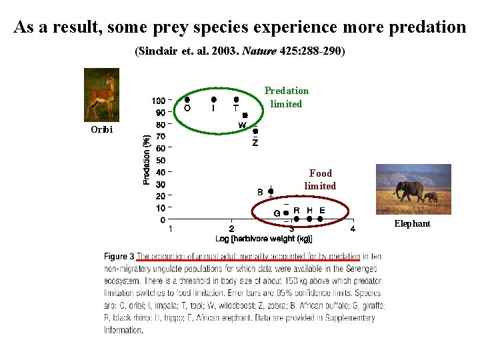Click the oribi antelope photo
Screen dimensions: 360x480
101,95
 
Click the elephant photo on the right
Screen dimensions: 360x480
413,189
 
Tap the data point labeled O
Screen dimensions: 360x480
187,99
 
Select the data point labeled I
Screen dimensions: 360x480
213,99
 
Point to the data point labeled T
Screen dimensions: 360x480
237,100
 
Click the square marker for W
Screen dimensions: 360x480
245,115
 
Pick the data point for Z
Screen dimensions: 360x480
255,131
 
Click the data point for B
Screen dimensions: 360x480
271,191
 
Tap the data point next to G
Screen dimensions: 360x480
286,213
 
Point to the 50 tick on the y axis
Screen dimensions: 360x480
160,161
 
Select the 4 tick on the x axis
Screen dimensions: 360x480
353,229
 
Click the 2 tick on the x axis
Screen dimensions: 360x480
231,229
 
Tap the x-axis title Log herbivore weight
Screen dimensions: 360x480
263,239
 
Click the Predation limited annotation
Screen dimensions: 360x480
286,97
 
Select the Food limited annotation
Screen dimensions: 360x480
320,180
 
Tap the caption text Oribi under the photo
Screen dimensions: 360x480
101,129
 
